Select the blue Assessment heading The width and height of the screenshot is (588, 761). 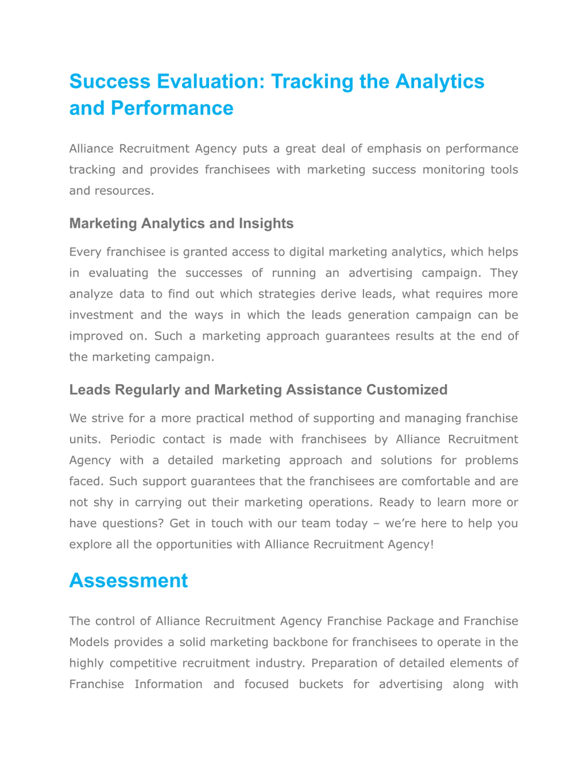[x=129, y=580]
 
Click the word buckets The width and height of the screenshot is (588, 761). [x=321, y=684]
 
